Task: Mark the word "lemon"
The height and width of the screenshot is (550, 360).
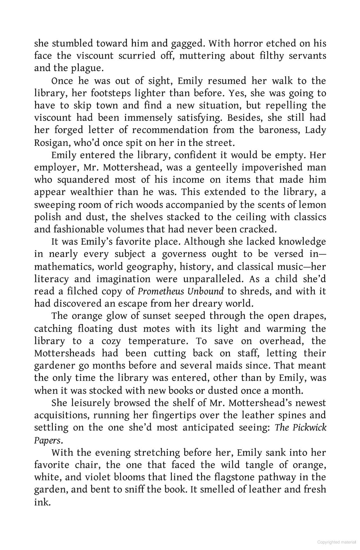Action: coord(314,205)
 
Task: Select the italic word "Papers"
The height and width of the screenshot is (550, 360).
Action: coord(47,440)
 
